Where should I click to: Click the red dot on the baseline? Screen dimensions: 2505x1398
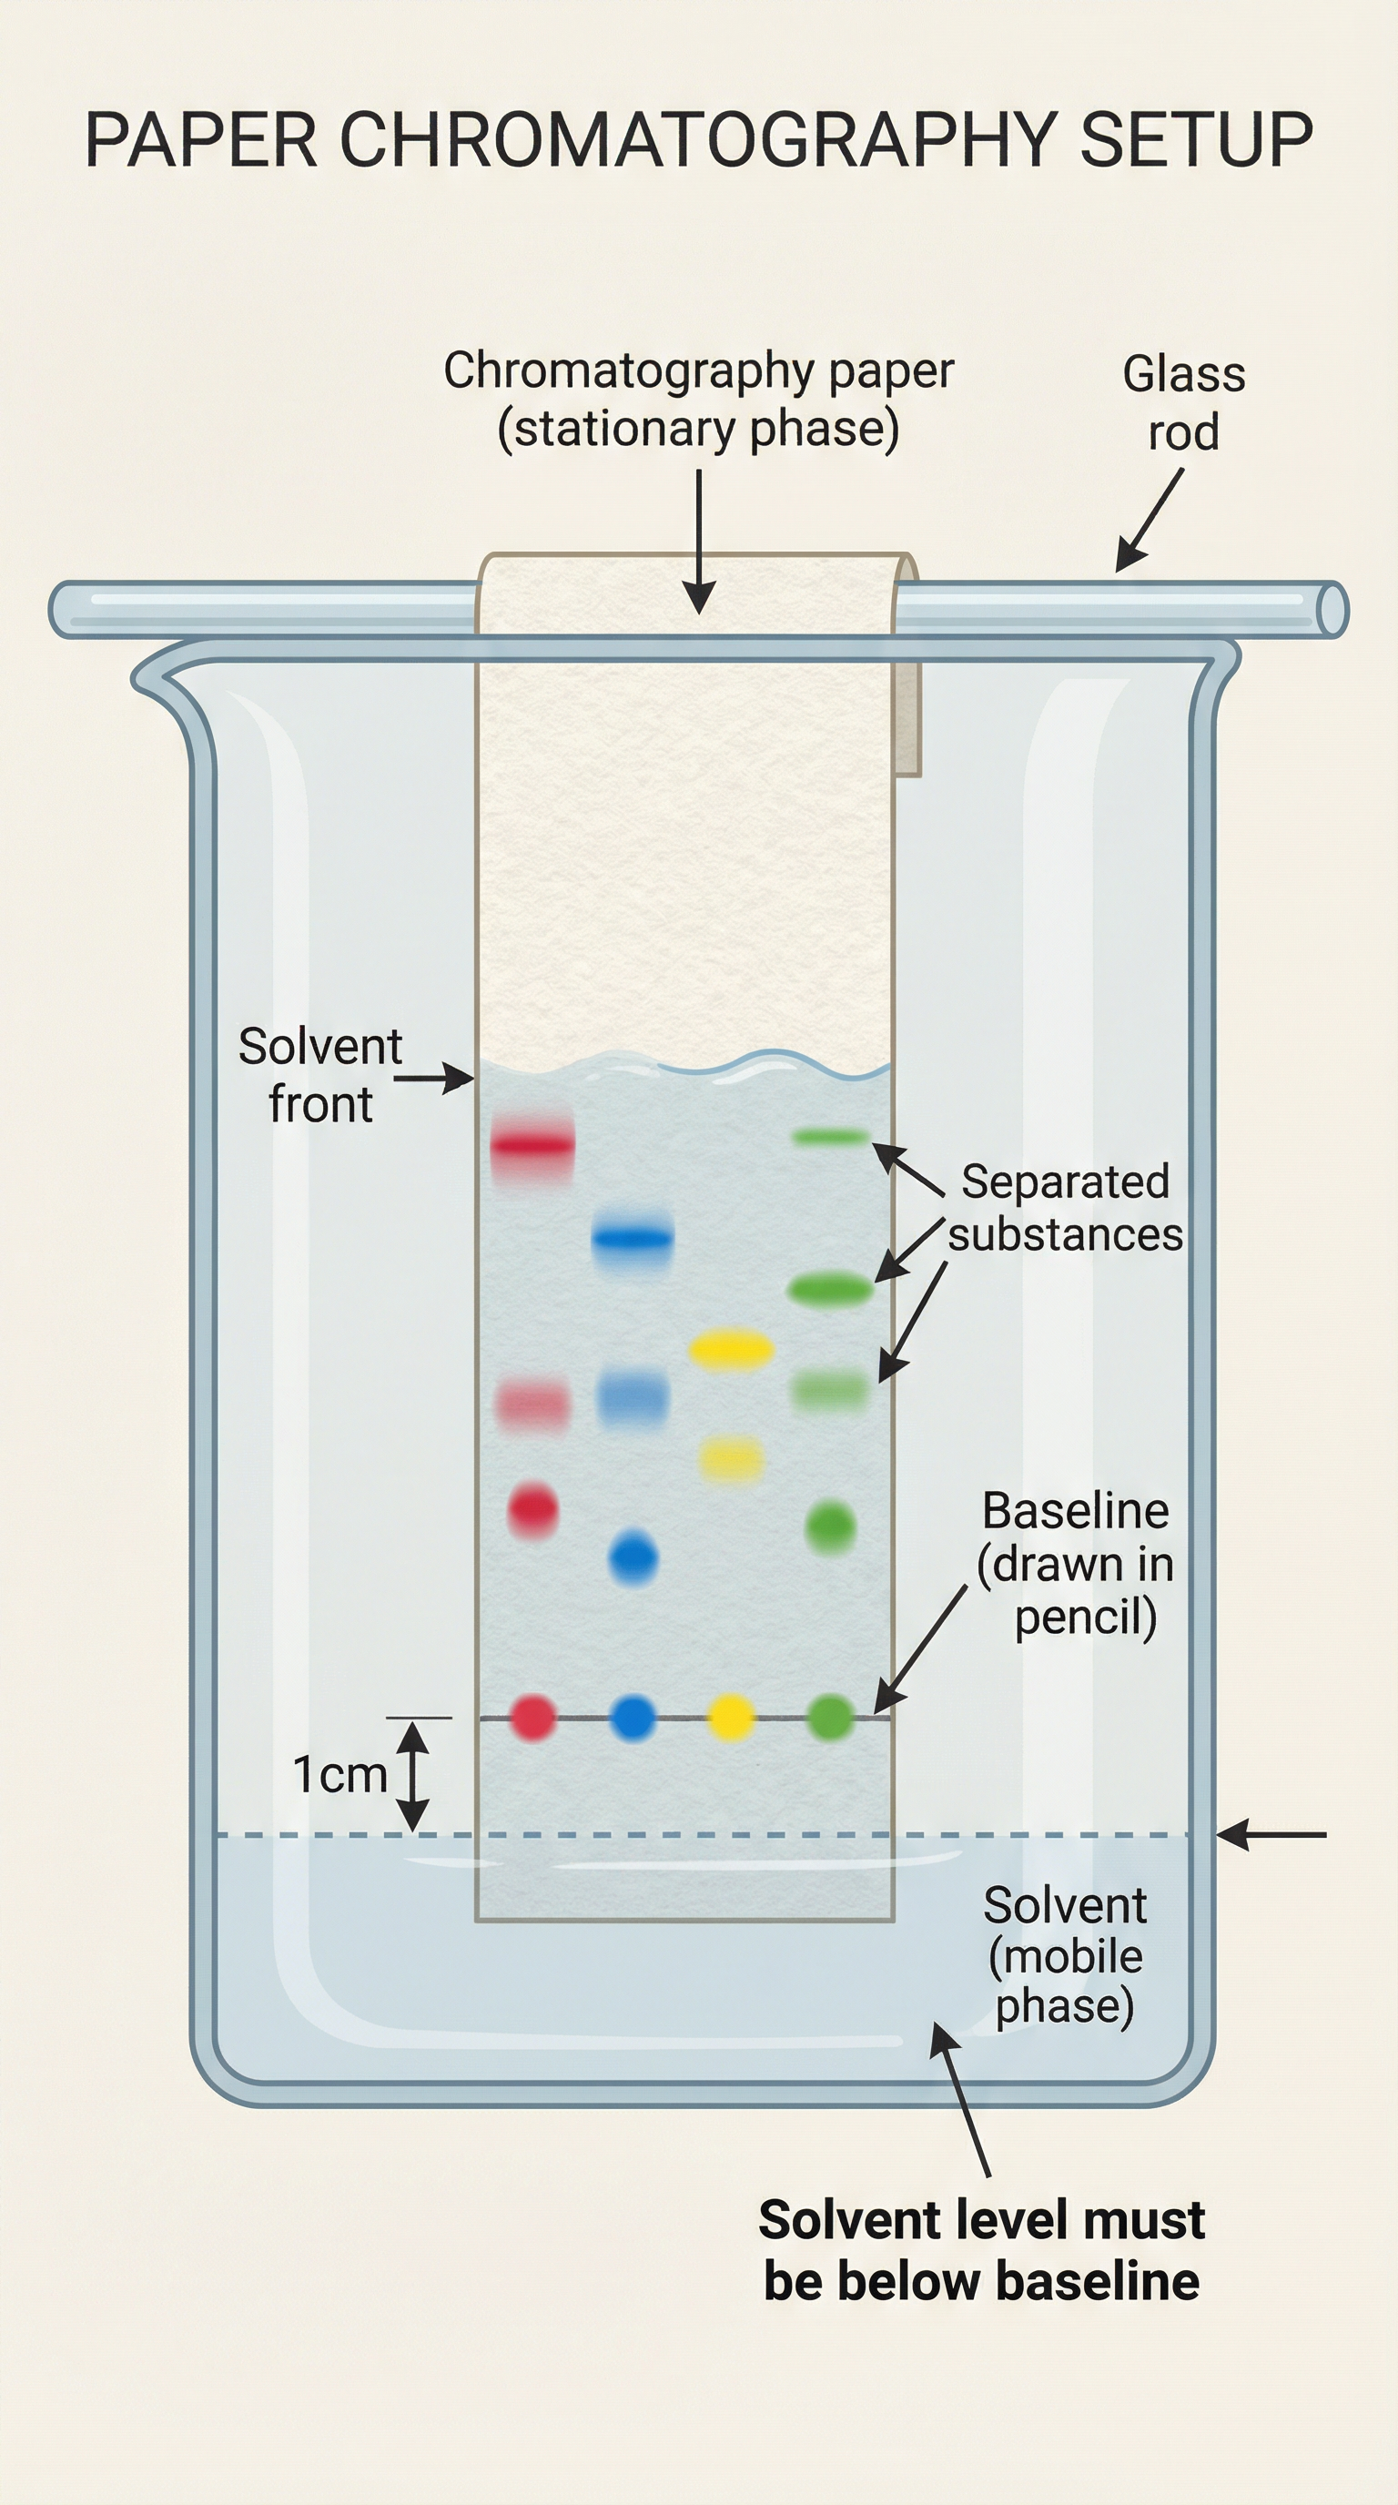(x=532, y=1718)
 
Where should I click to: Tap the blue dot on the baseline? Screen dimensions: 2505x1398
(x=633, y=1718)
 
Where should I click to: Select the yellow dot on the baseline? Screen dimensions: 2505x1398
(x=731, y=1718)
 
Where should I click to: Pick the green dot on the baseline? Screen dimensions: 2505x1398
(x=831, y=1718)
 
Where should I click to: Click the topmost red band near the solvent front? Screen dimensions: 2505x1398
(x=532, y=1145)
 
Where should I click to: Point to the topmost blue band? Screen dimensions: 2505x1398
(x=632, y=1238)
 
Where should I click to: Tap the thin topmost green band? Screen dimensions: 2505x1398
(x=829, y=1136)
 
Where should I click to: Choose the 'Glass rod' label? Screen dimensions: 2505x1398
(x=1183, y=402)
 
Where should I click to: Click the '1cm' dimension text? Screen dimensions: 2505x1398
(x=340, y=1775)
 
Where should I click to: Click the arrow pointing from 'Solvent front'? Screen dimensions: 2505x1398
(x=433, y=1078)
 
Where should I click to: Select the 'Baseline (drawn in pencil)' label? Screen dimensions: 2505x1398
(x=1075, y=1565)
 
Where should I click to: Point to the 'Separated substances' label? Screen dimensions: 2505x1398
(x=1066, y=1208)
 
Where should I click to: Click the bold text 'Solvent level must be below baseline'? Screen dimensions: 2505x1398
(x=981, y=2250)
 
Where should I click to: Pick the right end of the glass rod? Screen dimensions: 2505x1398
(x=1332, y=610)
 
